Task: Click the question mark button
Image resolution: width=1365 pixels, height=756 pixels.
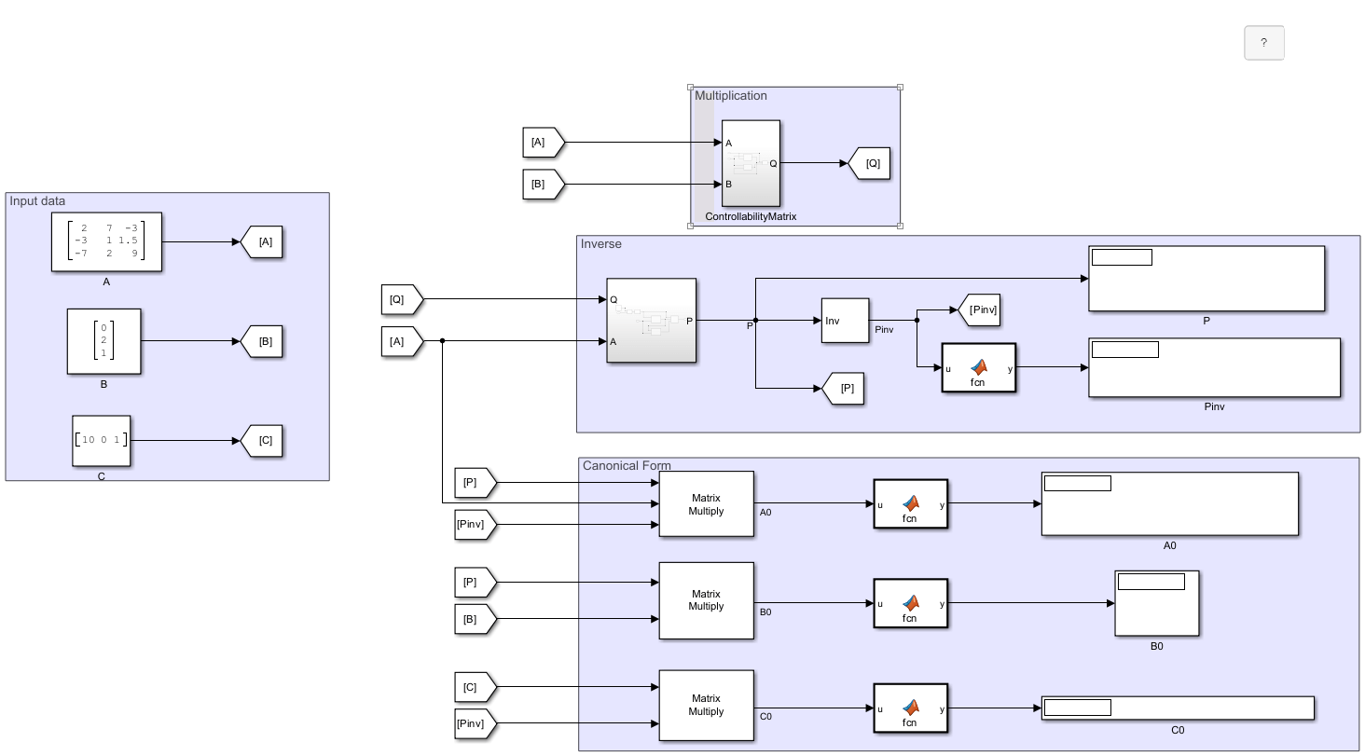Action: click(x=1263, y=43)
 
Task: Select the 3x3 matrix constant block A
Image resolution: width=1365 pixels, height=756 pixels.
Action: click(x=106, y=241)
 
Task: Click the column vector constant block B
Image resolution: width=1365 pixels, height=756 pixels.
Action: click(x=103, y=341)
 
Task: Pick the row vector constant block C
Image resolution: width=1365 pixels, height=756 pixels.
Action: click(x=102, y=440)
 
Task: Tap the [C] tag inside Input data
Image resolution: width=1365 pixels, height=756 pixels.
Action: click(x=263, y=441)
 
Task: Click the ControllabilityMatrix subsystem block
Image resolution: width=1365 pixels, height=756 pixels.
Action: click(x=751, y=163)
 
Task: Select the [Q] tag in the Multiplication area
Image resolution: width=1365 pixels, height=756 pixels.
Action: click(x=870, y=163)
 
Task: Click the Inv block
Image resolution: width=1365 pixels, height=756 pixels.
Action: click(x=845, y=321)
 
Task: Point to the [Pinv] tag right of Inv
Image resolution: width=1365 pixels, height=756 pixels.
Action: click(x=979, y=309)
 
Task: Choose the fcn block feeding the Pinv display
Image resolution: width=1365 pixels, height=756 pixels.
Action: click(x=978, y=368)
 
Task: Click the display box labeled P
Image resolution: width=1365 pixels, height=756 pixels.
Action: click(x=1206, y=279)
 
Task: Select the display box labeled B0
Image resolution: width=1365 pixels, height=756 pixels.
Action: click(x=1156, y=603)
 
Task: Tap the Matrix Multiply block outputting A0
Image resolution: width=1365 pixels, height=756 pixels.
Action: click(x=706, y=504)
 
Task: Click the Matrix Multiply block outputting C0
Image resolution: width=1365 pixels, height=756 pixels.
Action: click(x=706, y=706)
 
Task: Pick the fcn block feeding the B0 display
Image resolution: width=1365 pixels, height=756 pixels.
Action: click(x=910, y=604)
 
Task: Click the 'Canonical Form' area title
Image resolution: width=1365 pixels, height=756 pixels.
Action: click(x=627, y=465)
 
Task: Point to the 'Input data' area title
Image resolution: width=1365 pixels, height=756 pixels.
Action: click(x=38, y=200)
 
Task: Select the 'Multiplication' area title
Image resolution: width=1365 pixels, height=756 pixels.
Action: click(x=731, y=95)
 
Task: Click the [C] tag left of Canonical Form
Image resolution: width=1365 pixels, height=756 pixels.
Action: click(x=474, y=688)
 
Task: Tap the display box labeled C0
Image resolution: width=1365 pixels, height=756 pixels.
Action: click(x=1177, y=708)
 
